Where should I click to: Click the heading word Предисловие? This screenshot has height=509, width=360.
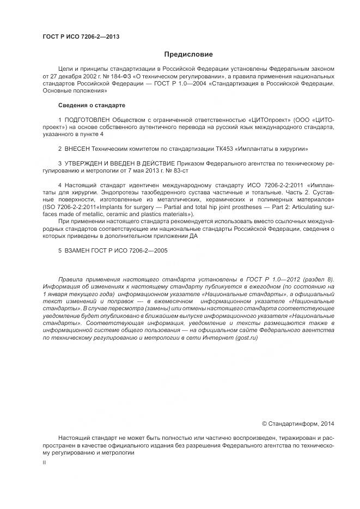[188, 54]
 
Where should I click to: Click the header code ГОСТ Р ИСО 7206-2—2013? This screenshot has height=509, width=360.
[81, 36]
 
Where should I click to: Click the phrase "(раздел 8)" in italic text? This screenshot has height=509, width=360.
[318, 279]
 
